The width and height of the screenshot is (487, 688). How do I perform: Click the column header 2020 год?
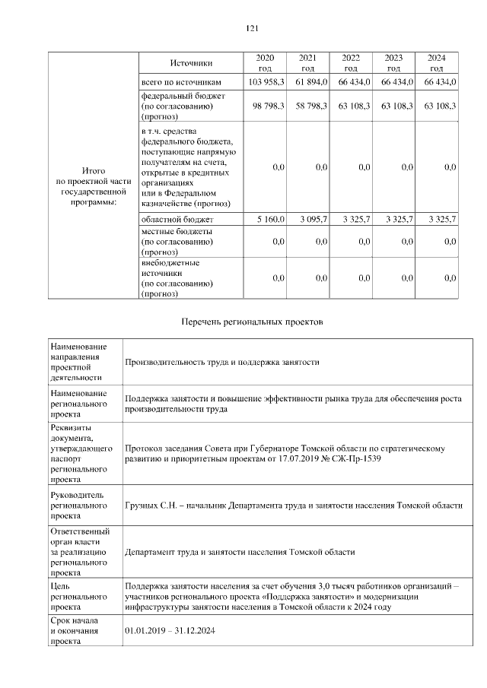point(265,63)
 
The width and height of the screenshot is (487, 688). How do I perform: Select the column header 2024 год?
point(437,63)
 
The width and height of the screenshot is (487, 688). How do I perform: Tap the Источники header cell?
point(191,63)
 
